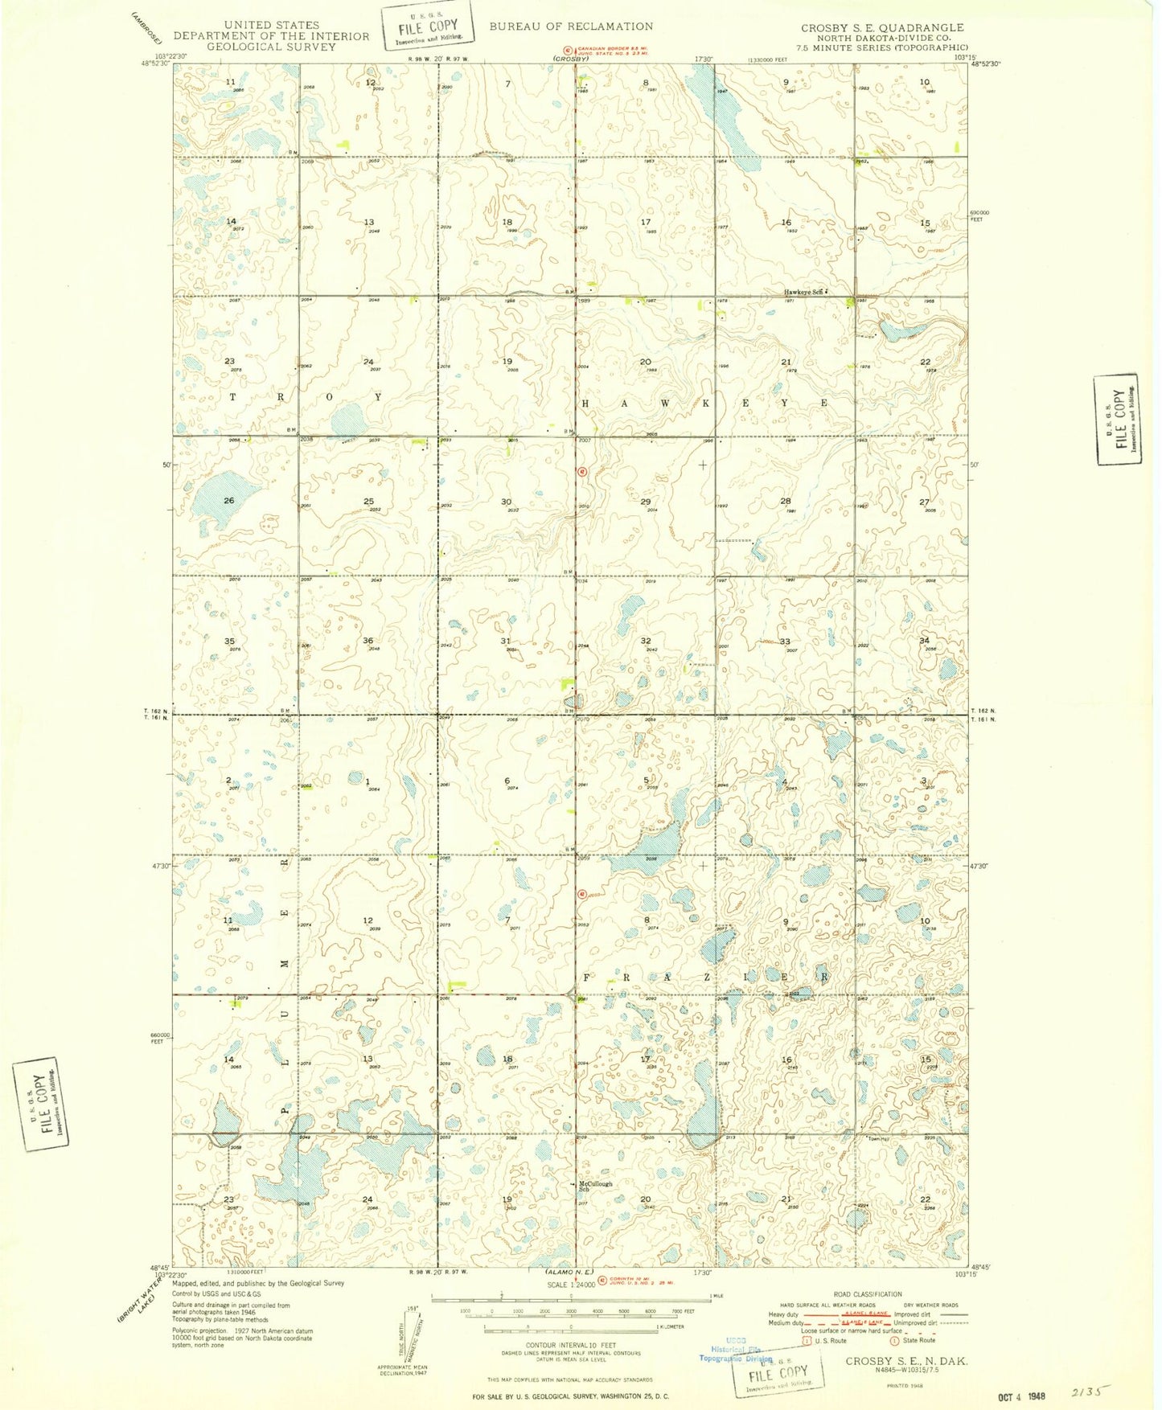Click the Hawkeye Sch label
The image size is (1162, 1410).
tap(805, 293)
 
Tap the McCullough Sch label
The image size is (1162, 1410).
tap(595, 1186)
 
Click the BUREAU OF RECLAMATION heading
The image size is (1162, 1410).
tap(571, 27)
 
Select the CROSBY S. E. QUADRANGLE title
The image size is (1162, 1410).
tap(882, 27)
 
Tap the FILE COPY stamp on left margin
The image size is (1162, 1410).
tap(40, 1103)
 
